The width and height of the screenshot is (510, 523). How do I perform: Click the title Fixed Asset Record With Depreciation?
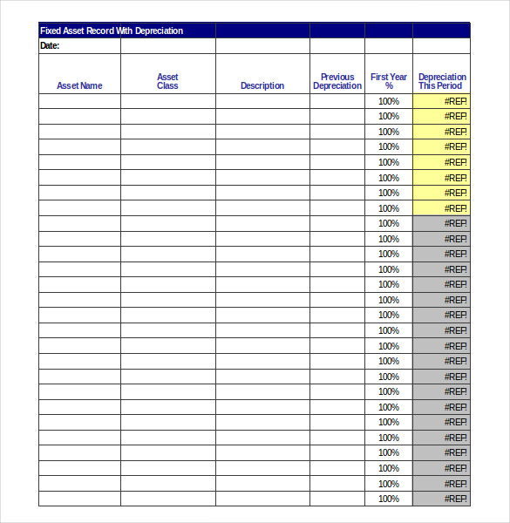coord(112,31)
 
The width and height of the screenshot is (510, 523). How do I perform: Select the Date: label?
coord(50,46)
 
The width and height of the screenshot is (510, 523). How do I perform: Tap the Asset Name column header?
coord(79,85)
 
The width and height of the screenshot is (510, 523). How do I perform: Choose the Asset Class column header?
coord(167,81)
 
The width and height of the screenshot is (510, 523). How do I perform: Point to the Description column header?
coord(262,85)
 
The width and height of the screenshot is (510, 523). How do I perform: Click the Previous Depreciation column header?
coord(337,81)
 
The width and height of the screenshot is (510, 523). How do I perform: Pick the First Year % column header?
coord(389,81)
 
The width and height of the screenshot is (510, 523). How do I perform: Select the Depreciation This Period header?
coord(441,81)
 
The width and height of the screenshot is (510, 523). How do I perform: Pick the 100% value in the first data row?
coord(389,101)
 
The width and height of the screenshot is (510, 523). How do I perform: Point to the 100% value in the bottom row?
coord(389,499)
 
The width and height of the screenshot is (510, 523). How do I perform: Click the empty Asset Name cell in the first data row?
coord(79,101)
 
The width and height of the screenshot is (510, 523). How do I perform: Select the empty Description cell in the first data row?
coord(262,101)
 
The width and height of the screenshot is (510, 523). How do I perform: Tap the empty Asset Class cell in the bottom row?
coord(167,499)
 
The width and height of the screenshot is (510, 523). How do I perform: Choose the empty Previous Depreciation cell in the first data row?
coord(337,101)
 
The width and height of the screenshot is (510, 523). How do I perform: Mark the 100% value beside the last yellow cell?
coord(389,208)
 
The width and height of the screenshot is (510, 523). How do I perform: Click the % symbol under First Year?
coord(389,86)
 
